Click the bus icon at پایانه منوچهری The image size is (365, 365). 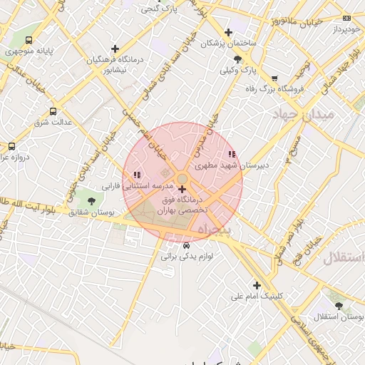coord(29,41)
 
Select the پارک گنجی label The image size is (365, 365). coord(159,9)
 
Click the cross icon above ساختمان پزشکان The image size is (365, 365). coord(228,32)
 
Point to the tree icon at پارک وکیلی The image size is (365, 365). coord(237,60)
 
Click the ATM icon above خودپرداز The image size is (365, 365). coord(346,18)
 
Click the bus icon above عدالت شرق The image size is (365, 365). coord(53,111)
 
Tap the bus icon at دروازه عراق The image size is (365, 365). coord(11,145)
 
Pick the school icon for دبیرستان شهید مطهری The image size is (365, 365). coord(231,154)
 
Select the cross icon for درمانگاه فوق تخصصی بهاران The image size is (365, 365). coord(182,189)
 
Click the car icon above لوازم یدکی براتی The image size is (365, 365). coord(187,245)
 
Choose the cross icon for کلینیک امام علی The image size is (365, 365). coord(257,285)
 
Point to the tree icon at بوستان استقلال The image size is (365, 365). coord(338,305)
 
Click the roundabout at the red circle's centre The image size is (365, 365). coord(182,178)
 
